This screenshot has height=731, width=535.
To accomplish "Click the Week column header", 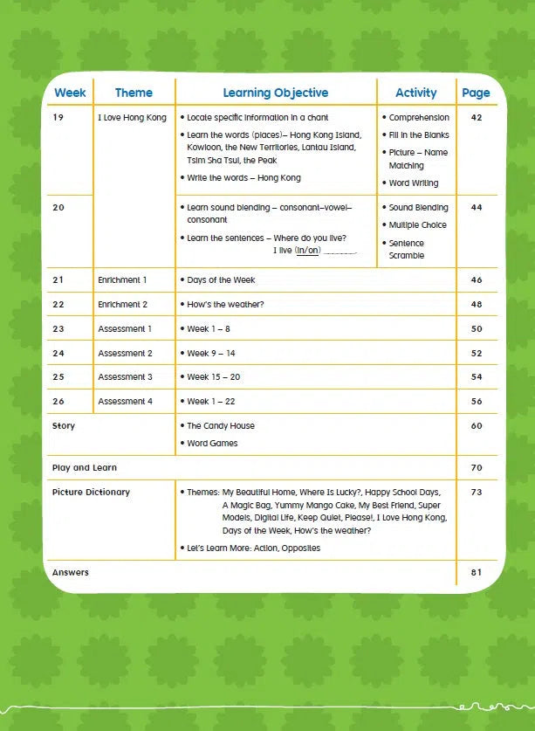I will pyautogui.click(x=70, y=93).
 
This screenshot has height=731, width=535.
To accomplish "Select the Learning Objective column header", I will pyautogui.click(x=275, y=93).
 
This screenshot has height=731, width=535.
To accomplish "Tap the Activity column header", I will pyautogui.click(x=415, y=93).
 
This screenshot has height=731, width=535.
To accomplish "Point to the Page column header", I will pyautogui.click(x=476, y=93).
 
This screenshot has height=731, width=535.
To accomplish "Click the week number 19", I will pyautogui.click(x=58, y=117).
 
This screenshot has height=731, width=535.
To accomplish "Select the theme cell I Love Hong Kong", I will pyautogui.click(x=132, y=117).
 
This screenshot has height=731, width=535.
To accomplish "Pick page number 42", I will pyautogui.click(x=476, y=117).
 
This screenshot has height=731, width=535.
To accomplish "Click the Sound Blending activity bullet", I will pyautogui.click(x=418, y=208).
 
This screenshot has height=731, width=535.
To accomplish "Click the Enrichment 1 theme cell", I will pyautogui.click(x=122, y=280).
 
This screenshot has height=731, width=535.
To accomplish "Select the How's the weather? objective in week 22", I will pyautogui.click(x=225, y=305).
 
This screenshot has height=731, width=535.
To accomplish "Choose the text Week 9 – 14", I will pyautogui.click(x=211, y=354).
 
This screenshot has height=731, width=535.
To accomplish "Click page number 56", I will pyautogui.click(x=476, y=402).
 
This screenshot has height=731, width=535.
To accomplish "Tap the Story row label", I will pyautogui.click(x=64, y=426).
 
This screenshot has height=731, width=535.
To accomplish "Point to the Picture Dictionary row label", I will pyautogui.click(x=91, y=493).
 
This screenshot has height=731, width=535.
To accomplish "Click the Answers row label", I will pyautogui.click(x=71, y=573).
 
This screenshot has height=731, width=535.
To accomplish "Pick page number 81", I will pyautogui.click(x=476, y=573).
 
